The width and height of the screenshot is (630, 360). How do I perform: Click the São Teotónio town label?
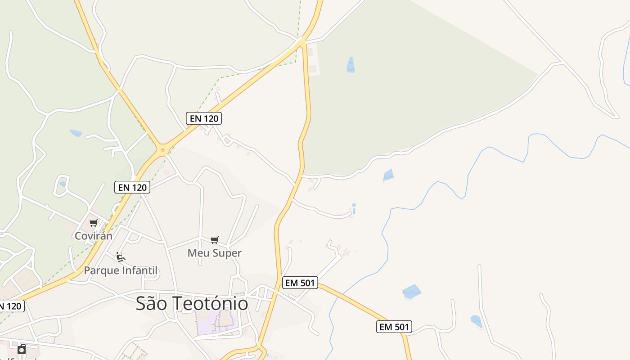coord(192,304)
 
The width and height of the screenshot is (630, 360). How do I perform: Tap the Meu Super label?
coord(214,253)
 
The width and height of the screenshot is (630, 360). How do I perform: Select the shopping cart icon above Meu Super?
coord(215,240)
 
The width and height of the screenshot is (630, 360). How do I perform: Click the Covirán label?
coord(94,236)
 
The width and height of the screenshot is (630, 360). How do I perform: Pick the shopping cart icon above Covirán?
coord(94,223)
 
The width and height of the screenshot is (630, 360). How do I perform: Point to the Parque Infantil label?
coord(121,270)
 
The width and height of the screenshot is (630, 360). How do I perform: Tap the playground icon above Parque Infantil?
coord(120,257)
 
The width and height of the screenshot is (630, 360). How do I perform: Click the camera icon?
coord(22,349)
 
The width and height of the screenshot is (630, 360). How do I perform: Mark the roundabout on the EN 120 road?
coord(163,149)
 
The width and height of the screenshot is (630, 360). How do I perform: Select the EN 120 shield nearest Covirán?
coord(132,187)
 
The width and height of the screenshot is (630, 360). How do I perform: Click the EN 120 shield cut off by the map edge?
coord(11,306)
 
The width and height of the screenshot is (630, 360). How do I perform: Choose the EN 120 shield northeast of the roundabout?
coord(204,118)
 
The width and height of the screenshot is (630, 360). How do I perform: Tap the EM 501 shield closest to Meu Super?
coord(300,283)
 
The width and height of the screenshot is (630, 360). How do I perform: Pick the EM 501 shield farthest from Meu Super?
coord(394,327)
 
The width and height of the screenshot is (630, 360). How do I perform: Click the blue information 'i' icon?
coord(354,208)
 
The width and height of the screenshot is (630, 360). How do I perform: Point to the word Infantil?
coord(140,270)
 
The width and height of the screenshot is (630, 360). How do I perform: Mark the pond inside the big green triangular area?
coord(351,65)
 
